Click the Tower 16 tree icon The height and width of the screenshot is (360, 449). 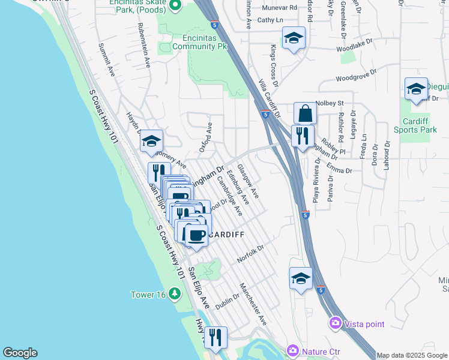(174, 294)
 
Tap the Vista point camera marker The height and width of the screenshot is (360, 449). (336, 323)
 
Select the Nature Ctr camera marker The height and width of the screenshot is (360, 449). (292, 350)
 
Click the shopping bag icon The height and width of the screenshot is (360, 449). (305, 113)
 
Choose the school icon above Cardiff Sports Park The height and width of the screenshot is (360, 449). (415, 89)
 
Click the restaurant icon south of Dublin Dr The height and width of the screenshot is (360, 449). (215, 337)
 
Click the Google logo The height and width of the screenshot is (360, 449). (20, 353)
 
